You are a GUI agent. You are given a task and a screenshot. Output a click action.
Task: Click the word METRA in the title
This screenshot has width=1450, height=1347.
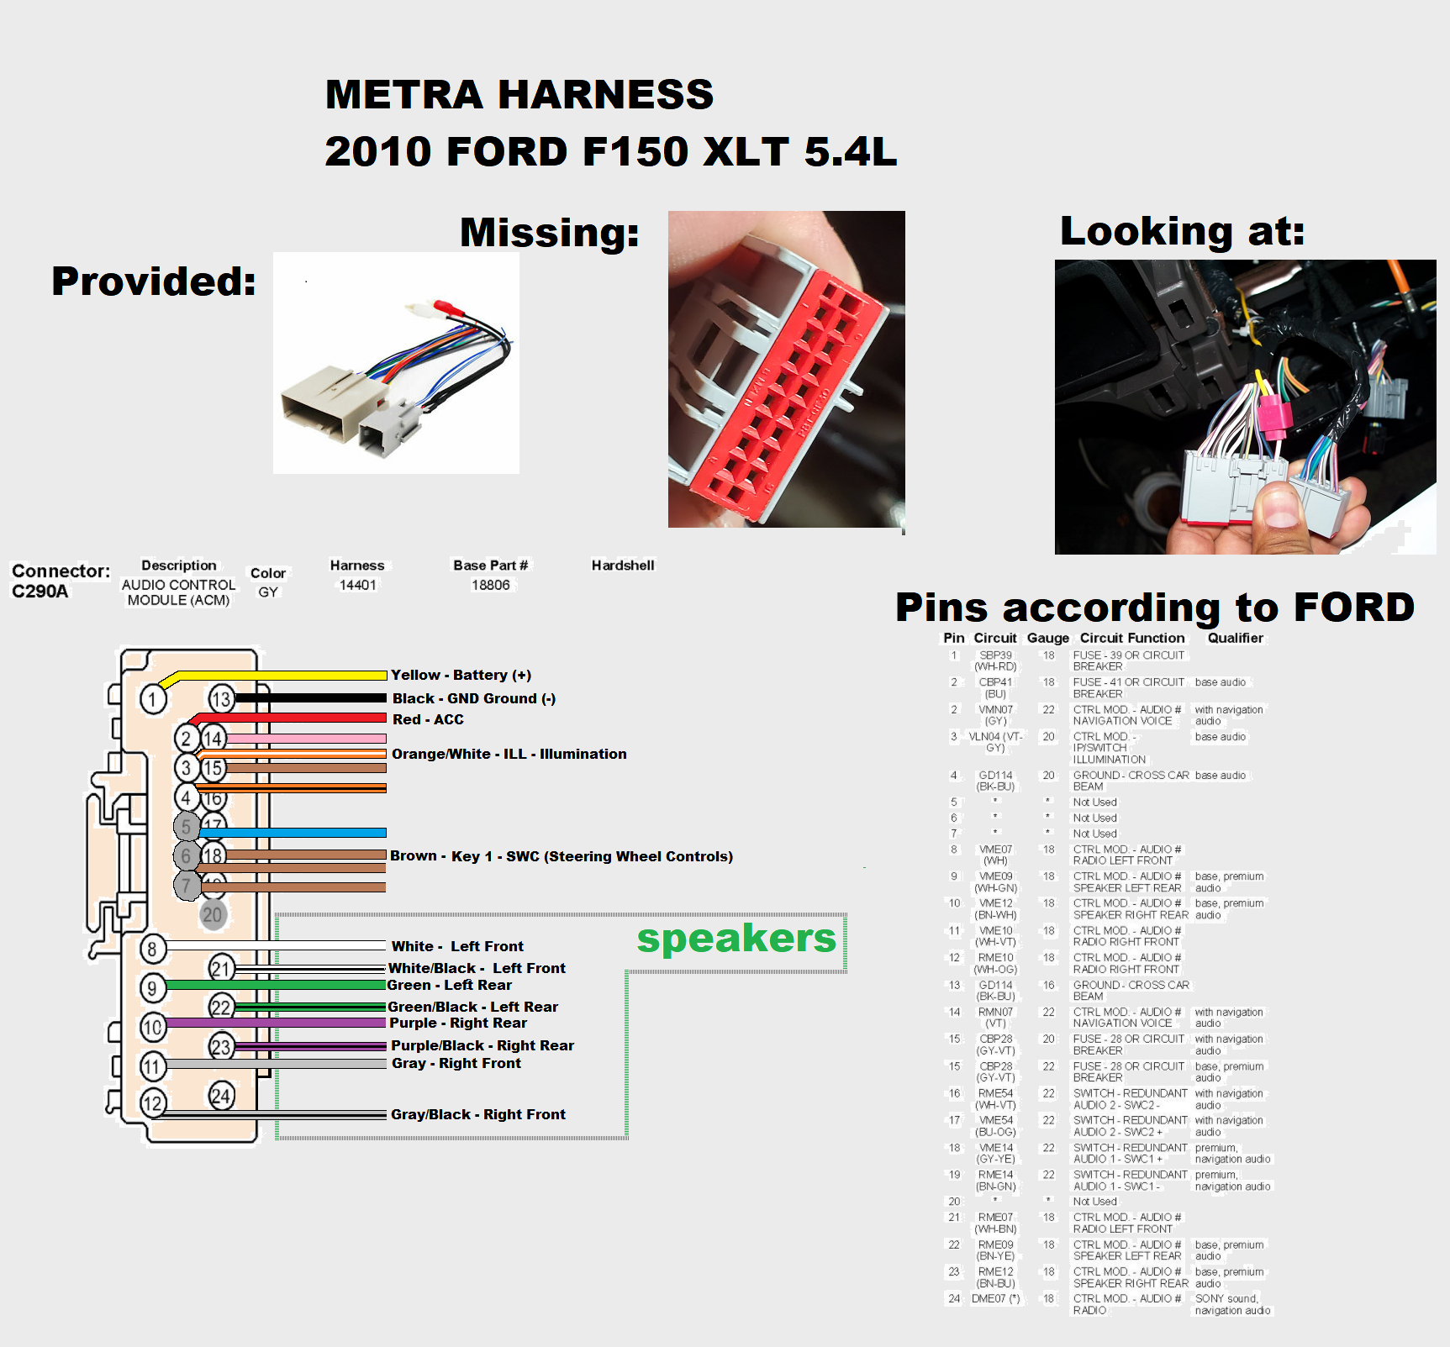(403, 94)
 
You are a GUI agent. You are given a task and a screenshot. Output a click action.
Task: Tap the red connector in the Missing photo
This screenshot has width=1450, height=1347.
(786, 387)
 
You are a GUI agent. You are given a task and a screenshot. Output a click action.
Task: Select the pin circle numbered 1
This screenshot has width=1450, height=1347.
(153, 699)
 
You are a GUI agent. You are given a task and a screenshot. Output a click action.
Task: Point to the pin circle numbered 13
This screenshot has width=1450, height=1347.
(221, 699)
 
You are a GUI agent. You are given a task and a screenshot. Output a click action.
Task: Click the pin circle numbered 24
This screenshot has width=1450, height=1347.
(221, 1096)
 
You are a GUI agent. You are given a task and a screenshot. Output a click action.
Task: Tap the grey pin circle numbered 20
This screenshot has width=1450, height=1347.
(213, 914)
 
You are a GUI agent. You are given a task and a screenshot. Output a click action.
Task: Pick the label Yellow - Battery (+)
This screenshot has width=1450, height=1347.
(461, 675)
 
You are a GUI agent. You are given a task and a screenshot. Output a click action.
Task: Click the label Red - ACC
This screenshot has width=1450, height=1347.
(428, 719)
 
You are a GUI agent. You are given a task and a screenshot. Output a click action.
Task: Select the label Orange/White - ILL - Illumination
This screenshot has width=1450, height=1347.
(509, 754)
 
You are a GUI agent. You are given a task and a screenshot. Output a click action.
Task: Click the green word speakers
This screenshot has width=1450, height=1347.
(736, 939)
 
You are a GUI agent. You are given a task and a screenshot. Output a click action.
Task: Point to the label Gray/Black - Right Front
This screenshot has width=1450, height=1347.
(477, 1114)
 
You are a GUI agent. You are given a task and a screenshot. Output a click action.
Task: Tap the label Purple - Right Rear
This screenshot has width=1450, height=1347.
(458, 1023)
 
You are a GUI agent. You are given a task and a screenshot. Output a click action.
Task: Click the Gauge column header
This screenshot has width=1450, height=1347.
(1047, 638)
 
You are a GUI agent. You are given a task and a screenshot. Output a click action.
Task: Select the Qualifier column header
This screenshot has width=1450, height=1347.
(1235, 638)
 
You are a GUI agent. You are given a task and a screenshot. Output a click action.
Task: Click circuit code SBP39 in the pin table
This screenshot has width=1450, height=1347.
(995, 655)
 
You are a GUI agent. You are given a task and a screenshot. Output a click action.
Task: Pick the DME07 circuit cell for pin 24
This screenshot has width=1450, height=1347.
(995, 1298)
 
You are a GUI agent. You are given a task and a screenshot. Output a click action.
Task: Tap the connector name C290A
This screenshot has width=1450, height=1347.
(40, 591)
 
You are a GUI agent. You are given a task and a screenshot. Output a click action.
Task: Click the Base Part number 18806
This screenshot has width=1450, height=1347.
(490, 585)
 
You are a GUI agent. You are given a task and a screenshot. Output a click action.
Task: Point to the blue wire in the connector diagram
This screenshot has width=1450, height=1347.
(294, 832)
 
